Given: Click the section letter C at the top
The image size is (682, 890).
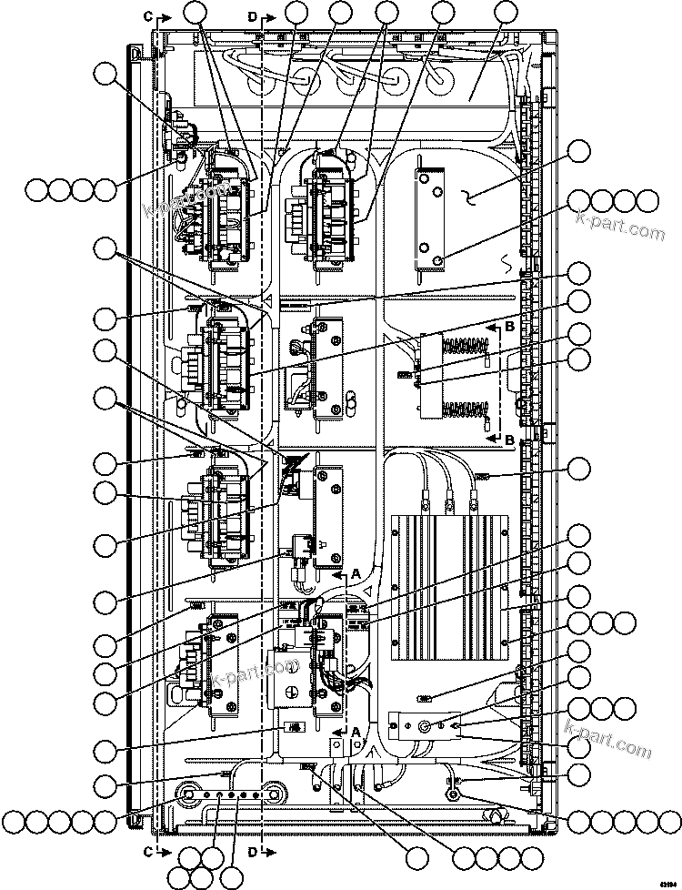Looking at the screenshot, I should point(149,15).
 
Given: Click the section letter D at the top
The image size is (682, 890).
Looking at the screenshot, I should point(252,15).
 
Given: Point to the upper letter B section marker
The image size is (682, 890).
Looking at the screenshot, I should point(510,324).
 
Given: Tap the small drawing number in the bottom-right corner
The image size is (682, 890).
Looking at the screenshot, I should point(670,879).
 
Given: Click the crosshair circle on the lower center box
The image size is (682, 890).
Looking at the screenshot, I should point(290,691).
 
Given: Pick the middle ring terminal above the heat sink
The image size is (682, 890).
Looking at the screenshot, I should point(449,498).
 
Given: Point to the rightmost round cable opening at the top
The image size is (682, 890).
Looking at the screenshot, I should point(441,80).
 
